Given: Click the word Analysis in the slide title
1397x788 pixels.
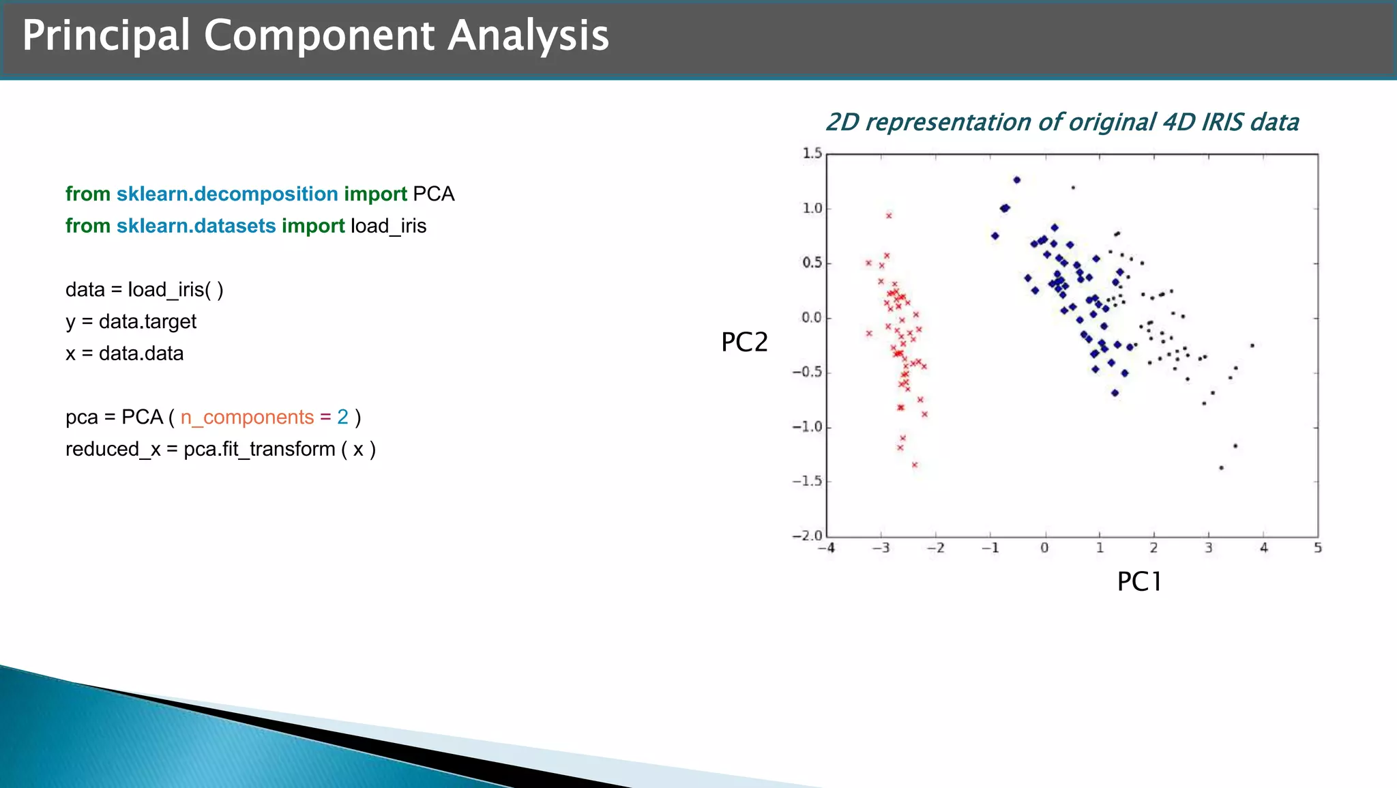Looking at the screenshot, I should click(x=528, y=35).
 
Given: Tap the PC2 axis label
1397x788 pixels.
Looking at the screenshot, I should click(x=744, y=342).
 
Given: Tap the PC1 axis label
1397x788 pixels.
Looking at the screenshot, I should click(x=1139, y=581).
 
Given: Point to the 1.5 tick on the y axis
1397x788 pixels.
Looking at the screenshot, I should click(x=812, y=153).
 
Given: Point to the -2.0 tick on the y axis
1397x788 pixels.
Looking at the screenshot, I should click(x=808, y=536).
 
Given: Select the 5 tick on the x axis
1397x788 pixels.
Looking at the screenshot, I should click(x=1318, y=548).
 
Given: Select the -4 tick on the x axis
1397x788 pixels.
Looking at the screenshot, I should click(x=826, y=548).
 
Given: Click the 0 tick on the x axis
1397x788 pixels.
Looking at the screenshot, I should click(x=1044, y=548).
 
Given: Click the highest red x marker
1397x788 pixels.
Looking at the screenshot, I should click(x=889, y=216).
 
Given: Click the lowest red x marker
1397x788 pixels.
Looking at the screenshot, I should click(x=915, y=465).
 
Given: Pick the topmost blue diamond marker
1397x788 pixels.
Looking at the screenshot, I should click(x=1016, y=180).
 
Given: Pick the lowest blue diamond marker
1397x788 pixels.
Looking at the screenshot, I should click(x=1115, y=393).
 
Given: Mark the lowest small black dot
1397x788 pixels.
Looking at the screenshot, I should click(x=1221, y=468).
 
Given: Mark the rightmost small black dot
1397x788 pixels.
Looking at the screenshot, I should click(x=1252, y=345).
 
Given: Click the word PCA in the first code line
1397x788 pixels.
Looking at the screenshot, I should click(x=433, y=194).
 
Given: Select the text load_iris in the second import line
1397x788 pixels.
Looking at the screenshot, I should click(x=388, y=226).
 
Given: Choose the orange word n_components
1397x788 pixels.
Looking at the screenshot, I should click(x=247, y=417).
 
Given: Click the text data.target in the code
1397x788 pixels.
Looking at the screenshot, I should click(x=147, y=321).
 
